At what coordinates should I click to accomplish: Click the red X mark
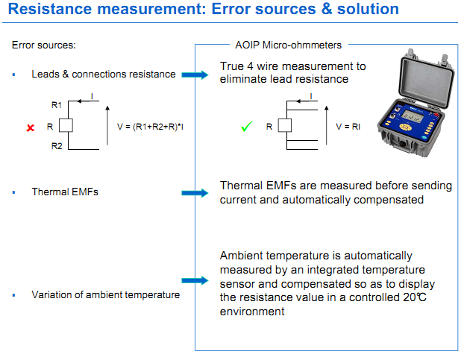[31, 127]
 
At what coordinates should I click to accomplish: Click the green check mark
[247, 127]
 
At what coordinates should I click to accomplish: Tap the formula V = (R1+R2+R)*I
[151, 127]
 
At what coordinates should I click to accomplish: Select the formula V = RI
[348, 127]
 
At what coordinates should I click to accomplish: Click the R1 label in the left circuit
[57, 106]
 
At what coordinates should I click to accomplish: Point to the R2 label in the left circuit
[57, 147]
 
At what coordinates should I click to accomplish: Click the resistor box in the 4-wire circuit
[283, 127]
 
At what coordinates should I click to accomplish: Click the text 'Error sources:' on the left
[44, 45]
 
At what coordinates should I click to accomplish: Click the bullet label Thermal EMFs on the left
[65, 192]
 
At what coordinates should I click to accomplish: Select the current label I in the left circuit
[91, 97]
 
